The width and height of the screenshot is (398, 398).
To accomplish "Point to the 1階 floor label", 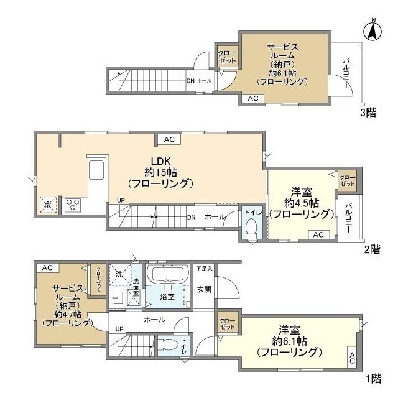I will click(x=373, y=377).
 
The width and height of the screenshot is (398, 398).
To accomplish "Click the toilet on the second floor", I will click(x=252, y=228).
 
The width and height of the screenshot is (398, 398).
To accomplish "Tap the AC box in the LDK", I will click(x=169, y=139).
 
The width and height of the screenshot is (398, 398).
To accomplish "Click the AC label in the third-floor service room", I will click(x=253, y=98).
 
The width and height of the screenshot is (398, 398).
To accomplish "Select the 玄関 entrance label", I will click(x=203, y=289).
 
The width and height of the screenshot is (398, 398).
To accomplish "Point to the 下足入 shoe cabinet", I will click(x=203, y=269).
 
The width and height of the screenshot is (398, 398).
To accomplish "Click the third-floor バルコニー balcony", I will click(x=345, y=74).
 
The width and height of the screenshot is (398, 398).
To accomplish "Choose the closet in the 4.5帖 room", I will click(x=347, y=181).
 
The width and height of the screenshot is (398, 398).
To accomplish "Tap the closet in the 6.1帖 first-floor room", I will click(x=226, y=325).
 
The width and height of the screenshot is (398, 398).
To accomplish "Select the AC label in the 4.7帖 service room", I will click(x=47, y=267).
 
